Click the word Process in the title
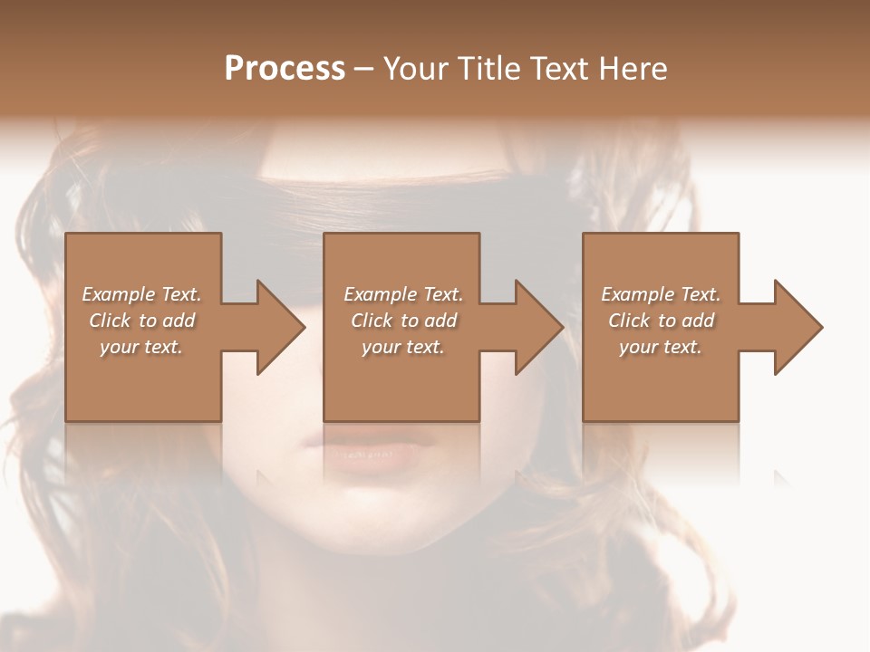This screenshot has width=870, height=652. pos(285,69)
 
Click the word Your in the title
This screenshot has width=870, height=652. pos(413,69)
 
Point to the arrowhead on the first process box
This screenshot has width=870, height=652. pos(282,327)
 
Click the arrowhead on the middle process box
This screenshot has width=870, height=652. pos(540,327)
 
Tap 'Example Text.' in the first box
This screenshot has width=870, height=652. pos(141,294)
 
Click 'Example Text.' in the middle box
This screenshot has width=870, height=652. pos(403,294)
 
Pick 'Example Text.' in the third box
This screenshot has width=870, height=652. pos(661,294)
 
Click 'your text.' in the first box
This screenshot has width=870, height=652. pos(141,347)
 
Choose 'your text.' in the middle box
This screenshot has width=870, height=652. pos(403,347)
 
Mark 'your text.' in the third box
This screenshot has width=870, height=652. pos(661,347)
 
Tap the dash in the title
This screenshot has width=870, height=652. pos(363,69)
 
